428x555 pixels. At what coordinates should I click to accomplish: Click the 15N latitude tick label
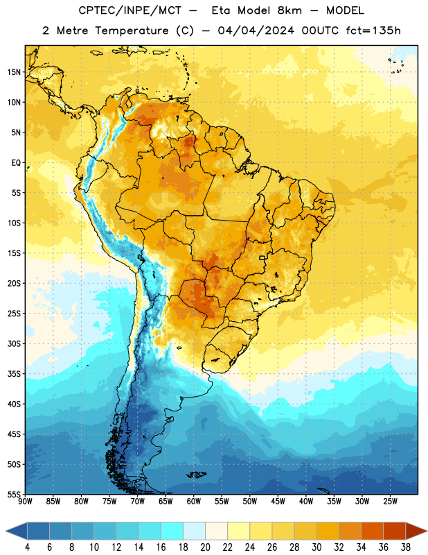click(14, 72)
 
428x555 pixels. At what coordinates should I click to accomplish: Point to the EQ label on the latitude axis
click(16, 163)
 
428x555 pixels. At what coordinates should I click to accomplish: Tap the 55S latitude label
click(14, 495)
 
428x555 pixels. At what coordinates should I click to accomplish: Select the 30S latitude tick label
click(14, 343)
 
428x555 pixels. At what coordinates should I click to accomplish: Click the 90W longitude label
click(25, 502)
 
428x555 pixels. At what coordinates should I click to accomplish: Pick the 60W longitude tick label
click(194, 502)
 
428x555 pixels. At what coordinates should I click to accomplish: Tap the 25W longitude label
click(390, 502)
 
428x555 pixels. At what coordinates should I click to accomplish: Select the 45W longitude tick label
click(278, 502)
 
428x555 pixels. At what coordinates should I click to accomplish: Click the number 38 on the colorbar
click(406, 547)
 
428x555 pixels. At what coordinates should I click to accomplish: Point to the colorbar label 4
click(27, 547)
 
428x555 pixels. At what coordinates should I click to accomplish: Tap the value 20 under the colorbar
click(205, 547)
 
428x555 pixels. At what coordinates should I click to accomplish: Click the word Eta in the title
click(221, 10)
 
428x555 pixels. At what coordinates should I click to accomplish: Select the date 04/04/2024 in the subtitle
click(256, 31)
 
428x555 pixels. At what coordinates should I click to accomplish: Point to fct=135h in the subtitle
click(373, 31)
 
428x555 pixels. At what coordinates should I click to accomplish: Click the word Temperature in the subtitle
click(132, 31)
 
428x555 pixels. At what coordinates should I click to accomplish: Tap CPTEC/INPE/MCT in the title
click(130, 10)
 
